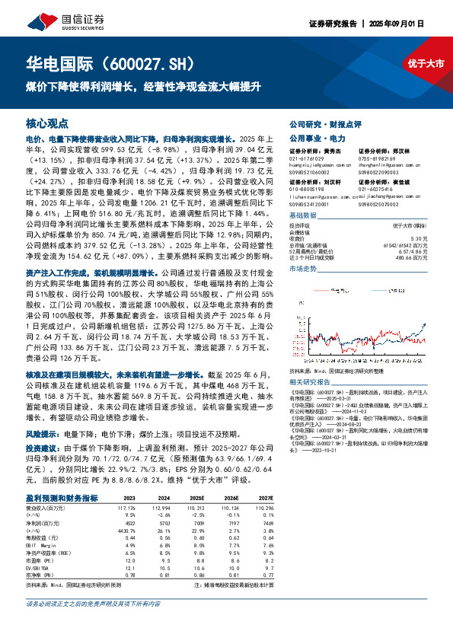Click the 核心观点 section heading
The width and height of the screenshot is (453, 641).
tap(47, 123)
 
